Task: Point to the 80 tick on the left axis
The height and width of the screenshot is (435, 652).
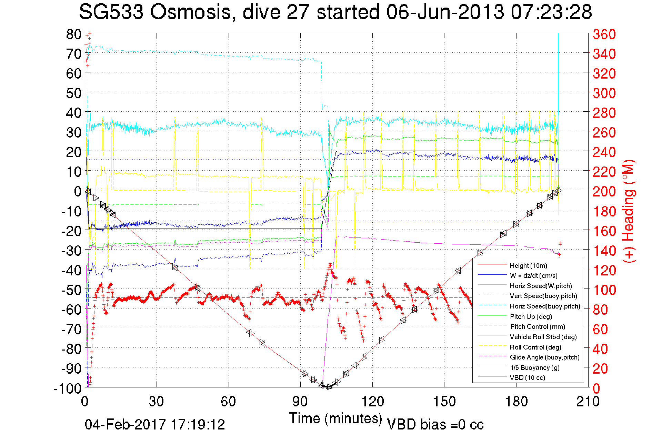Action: point(73,34)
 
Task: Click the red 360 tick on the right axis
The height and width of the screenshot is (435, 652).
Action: point(604,34)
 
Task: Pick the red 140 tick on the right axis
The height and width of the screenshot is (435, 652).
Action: point(604,251)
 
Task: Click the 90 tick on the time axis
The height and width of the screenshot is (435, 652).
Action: point(300,402)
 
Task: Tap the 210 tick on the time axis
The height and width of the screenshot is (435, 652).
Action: point(588,402)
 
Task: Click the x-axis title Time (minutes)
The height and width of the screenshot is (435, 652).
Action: point(335,418)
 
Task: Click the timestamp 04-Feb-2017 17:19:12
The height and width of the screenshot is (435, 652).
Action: point(155,424)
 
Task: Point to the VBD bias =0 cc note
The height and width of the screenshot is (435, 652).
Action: point(435,425)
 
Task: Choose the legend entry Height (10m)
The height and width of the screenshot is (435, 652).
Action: point(528,265)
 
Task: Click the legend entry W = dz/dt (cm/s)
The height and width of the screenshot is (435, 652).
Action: point(533,276)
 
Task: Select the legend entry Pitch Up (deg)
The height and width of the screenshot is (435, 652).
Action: point(531,316)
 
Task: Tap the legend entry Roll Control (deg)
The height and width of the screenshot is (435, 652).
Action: point(535,347)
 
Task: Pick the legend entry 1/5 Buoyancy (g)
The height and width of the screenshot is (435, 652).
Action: point(535,367)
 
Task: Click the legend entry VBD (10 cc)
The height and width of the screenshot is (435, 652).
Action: point(527,378)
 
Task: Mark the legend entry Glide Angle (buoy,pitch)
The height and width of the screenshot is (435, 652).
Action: point(544,357)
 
